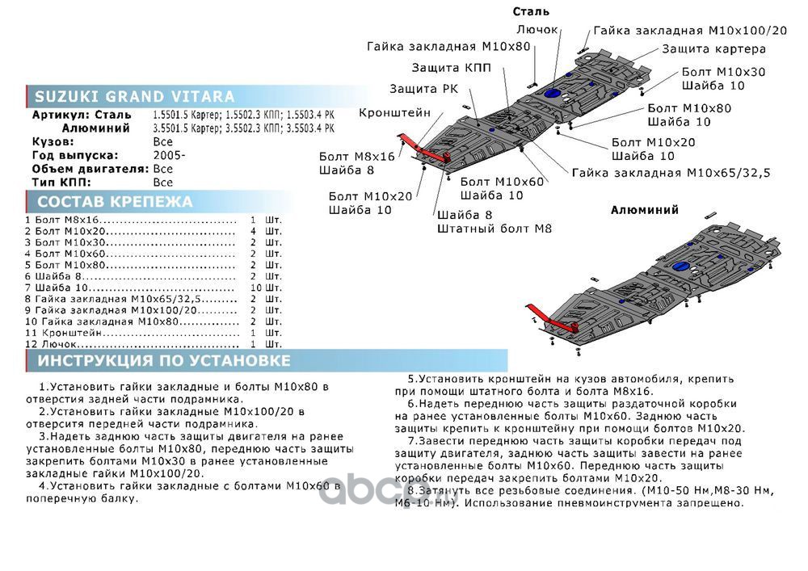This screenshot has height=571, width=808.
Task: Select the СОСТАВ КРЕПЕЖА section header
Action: pyautogui.click(x=116, y=202)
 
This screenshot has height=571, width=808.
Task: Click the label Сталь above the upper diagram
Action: pyautogui.click(x=531, y=11)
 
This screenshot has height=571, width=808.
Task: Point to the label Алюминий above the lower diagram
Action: pyautogui.click(x=644, y=210)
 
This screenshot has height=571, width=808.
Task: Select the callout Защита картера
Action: pyautogui.click(x=714, y=48)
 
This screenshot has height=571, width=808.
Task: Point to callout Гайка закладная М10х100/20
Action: pyautogui.click(x=690, y=30)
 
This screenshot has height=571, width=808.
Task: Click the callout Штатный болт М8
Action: pyautogui.click(x=494, y=229)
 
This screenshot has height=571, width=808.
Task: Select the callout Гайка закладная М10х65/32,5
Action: pyautogui.click(x=671, y=172)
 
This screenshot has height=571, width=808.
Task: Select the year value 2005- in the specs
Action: pyautogui.click(x=169, y=155)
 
